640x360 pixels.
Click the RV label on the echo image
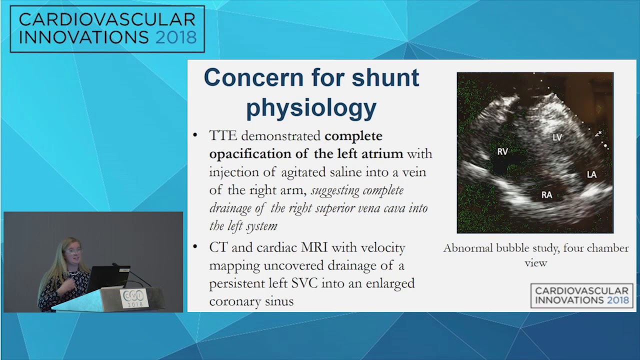[x=502, y=151]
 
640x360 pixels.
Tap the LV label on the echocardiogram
[x=557, y=137]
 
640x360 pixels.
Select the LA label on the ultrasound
[x=591, y=174]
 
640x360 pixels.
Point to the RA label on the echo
[x=547, y=195]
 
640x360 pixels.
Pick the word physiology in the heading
[x=311, y=107]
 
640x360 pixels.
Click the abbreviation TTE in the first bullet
[x=223, y=136]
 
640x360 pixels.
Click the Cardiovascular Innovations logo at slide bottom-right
[x=581, y=295]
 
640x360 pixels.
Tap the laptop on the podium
[x=105, y=278]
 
